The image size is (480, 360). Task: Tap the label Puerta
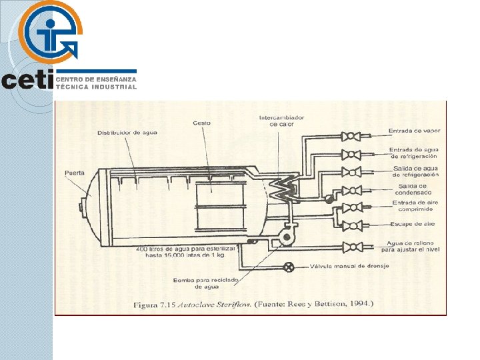click(x=75, y=173)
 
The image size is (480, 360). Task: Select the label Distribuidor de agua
click(x=128, y=132)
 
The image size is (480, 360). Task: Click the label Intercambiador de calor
click(x=281, y=121)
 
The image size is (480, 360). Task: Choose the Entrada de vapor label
click(x=413, y=131)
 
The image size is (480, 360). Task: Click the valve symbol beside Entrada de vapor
click(x=351, y=137)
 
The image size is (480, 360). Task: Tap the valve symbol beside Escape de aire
click(x=351, y=225)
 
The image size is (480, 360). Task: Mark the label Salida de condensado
click(x=413, y=189)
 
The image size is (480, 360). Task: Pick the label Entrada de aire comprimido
click(x=413, y=206)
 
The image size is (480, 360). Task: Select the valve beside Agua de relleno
click(x=351, y=247)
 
